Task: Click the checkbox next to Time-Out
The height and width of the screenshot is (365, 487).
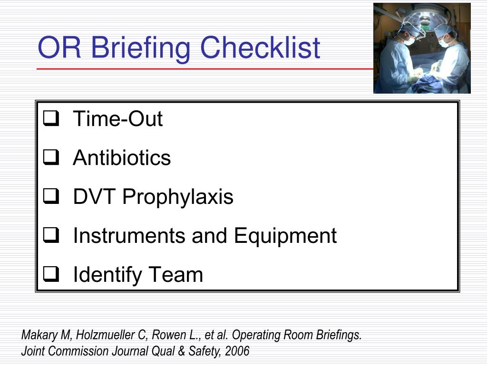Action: [50, 119]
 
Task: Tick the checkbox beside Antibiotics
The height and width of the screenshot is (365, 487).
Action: [50, 158]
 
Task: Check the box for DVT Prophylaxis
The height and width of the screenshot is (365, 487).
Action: [50, 197]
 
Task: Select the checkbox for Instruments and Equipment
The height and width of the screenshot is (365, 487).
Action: [50, 236]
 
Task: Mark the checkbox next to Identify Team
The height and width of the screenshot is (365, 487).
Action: [50, 275]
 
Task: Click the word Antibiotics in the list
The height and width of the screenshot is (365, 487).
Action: [122, 158]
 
